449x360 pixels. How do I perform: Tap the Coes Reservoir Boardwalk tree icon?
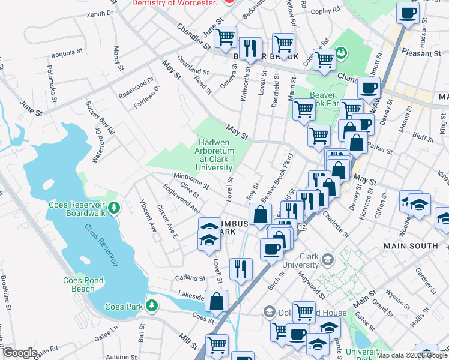coord(115,208)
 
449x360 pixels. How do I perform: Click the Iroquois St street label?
coord(67,53)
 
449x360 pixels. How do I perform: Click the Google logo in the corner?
coord(20,353)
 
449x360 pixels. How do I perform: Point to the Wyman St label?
coord(398,295)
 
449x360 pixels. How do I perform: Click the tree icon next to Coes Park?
coord(152,305)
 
